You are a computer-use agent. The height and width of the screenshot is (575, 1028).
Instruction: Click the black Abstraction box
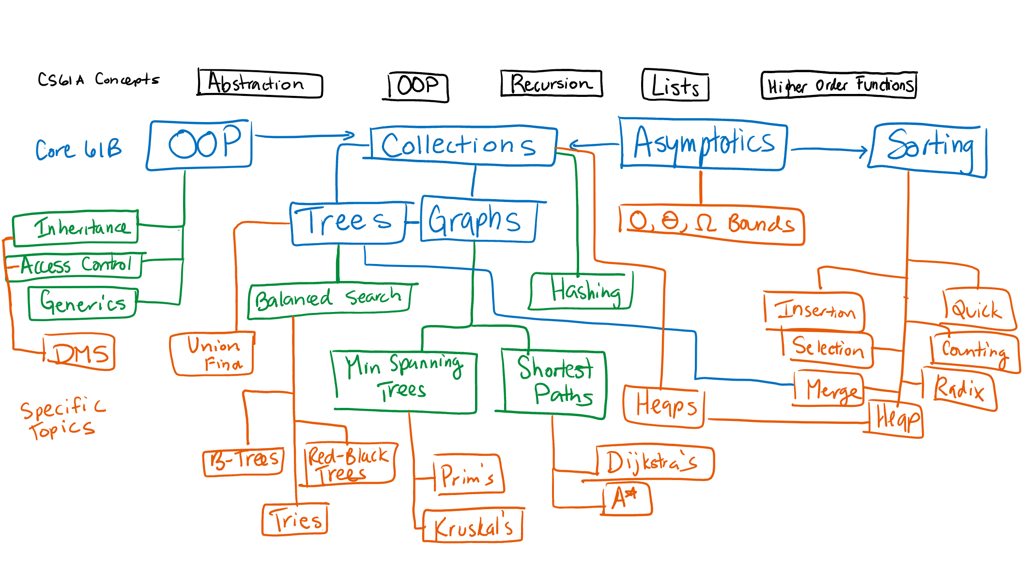260,83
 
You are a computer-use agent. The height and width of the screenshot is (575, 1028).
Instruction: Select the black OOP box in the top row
418,86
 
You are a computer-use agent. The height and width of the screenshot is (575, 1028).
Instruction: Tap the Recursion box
551,83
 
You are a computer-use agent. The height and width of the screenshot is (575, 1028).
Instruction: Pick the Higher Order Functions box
839,85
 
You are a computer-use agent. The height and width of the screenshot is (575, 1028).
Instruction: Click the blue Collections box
462,145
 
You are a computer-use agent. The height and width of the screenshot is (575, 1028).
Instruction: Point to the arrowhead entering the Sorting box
862,151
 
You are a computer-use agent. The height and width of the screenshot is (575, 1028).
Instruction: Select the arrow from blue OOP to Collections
305,136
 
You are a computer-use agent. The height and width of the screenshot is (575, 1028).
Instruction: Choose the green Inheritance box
76,227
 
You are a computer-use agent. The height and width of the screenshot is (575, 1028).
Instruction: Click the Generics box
82,303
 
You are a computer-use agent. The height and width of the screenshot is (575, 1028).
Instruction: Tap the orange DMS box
79,352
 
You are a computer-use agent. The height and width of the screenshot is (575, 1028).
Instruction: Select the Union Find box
213,354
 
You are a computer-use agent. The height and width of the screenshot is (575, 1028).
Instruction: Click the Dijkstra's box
654,462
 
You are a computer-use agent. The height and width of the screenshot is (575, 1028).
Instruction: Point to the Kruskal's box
473,525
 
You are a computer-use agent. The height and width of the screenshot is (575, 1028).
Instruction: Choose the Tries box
295,520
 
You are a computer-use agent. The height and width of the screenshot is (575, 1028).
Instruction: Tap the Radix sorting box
959,389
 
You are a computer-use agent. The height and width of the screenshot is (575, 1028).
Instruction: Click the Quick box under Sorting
977,309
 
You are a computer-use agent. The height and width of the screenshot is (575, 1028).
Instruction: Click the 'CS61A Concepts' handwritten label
98,79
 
